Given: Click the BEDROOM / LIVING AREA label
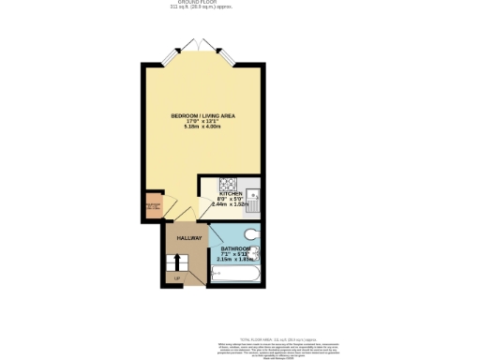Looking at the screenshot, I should pyautogui.click(x=202, y=115).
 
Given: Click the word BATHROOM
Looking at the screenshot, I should pyautogui.click(x=234, y=248).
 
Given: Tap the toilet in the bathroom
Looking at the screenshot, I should pyautogui.click(x=251, y=234).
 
